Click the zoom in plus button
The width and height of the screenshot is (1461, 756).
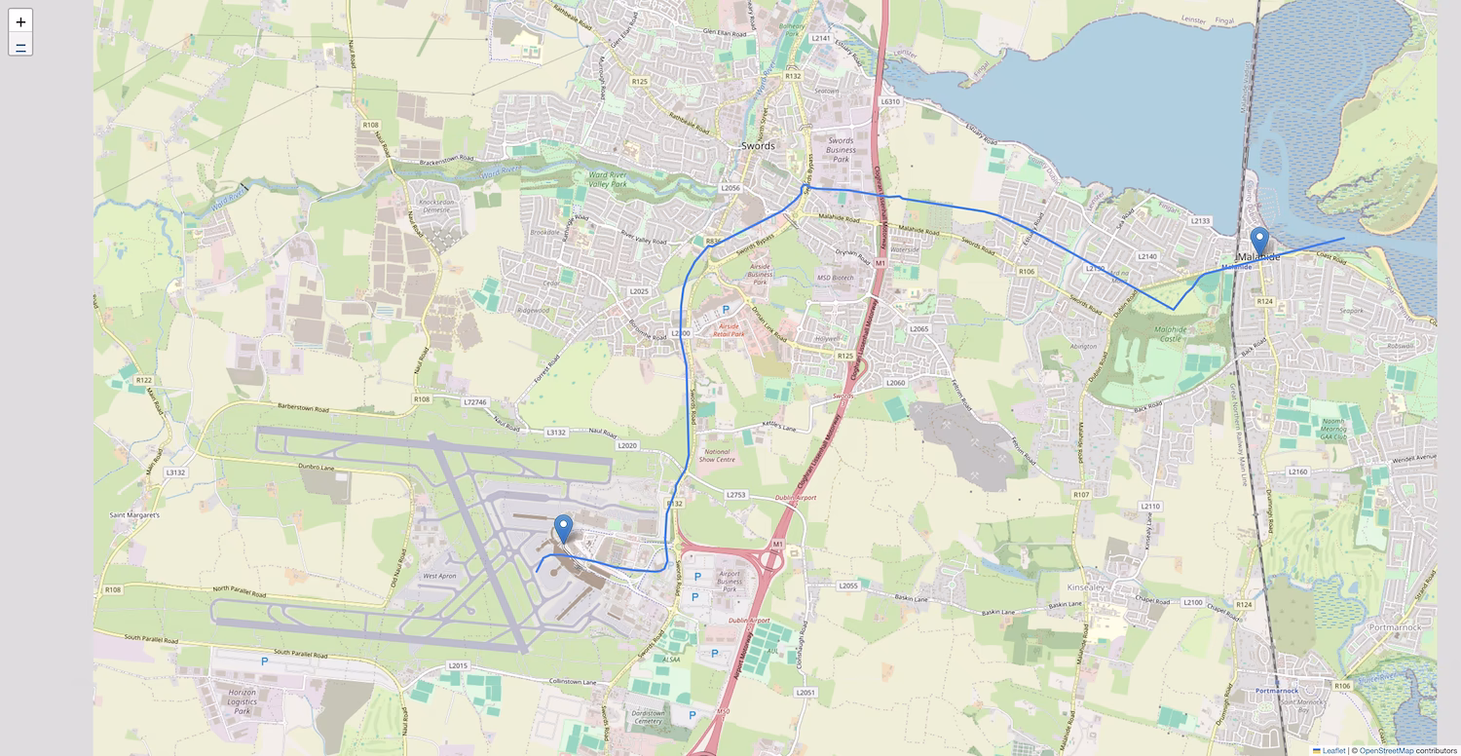(x=20, y=21)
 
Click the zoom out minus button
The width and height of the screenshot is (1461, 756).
(x=20, y=45)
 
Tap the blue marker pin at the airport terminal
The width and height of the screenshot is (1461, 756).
(x=563, y=530)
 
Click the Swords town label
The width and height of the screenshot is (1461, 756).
(x=758, y=145)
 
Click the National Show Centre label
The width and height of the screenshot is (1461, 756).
(x=717, y=455)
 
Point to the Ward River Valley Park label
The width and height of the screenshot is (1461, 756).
(x=621, y=179)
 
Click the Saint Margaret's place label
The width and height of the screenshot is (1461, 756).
(x=133, y=514)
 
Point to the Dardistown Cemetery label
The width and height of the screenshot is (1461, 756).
(x=648, y=717)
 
